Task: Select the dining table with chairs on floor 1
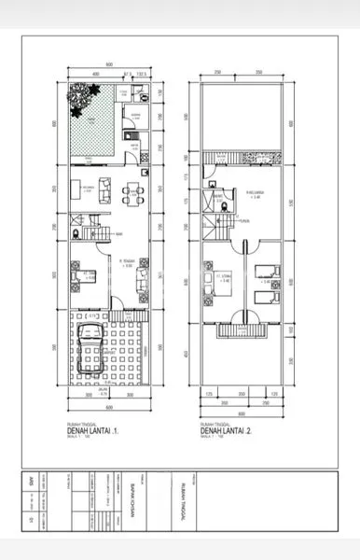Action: [x=132, y=194]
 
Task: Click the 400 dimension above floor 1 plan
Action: [x=95, y=74]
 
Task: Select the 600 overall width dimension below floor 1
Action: [x=108, y=407]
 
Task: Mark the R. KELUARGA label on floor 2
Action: [x=252, y=193]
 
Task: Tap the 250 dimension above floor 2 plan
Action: [x=216, y=74]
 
